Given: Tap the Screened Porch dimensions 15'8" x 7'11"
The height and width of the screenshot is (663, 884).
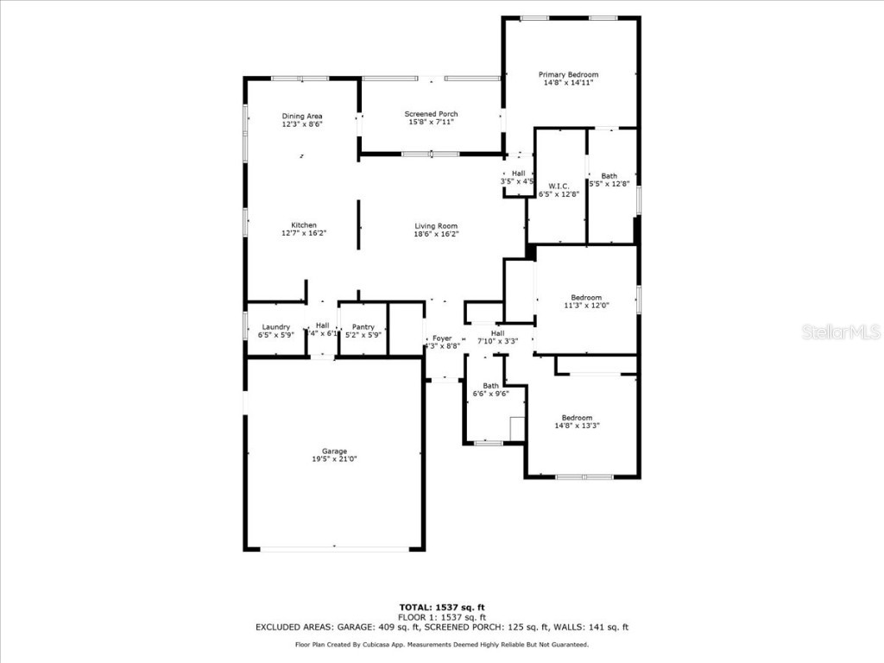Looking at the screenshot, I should [x=431, y=122].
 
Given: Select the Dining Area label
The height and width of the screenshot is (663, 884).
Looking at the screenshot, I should [x=302, y=116].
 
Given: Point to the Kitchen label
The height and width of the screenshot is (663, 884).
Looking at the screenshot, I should [x=303, y=224].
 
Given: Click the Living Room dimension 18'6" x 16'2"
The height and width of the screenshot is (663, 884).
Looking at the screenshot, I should [x=435, y=234].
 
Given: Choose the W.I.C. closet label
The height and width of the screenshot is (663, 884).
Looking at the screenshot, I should [x=558, y=186].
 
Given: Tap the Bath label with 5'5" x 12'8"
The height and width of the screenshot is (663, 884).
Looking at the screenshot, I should [x=609, y=176].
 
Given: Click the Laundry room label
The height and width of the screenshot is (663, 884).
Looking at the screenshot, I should [x=275, y=326].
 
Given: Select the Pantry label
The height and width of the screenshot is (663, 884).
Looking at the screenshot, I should [x=363, y=326].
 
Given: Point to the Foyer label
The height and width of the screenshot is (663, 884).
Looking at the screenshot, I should [x=442, y=338].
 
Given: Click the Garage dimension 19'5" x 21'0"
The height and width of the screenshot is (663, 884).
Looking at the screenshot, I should [x=334, y=459].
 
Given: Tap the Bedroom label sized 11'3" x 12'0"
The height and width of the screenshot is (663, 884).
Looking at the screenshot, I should [x=586, y=298].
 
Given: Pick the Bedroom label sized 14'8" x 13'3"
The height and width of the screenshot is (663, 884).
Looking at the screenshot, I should [x=577, y=417].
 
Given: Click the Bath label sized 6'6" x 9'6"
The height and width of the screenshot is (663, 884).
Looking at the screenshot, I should [x=490, y=385].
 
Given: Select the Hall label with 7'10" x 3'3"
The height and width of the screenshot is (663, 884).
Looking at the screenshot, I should [x=497, y=333].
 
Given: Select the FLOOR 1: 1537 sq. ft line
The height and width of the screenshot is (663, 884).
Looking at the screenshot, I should [x=441, y=617].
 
